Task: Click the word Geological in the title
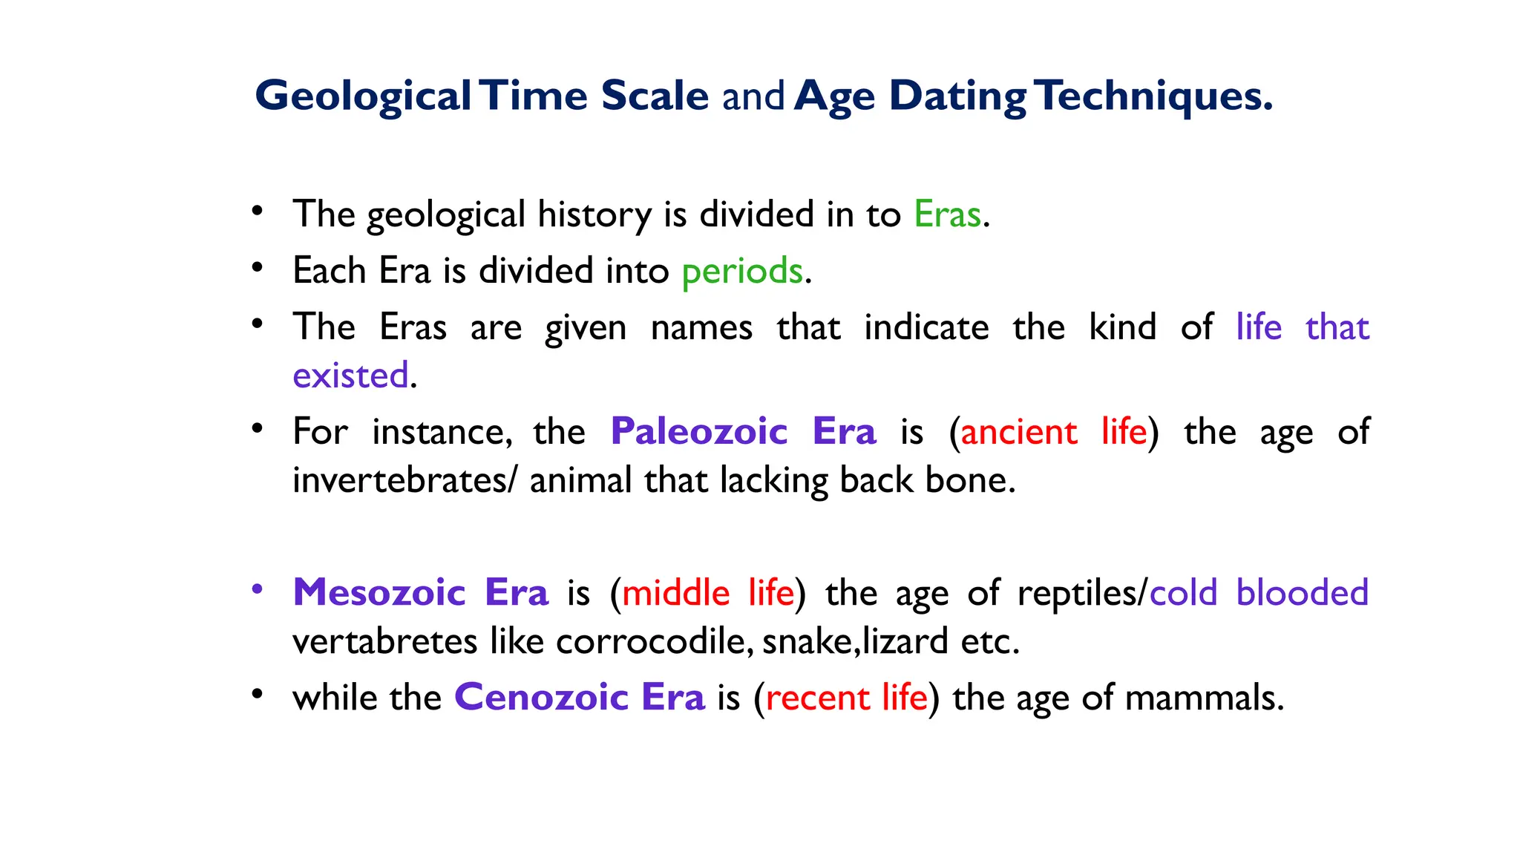click(363, 96)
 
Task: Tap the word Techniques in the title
click(1154, 96)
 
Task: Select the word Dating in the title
click(957, 96)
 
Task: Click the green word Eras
click(947, 214)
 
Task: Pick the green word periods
click(742, 271)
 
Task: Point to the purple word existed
click(350, 376)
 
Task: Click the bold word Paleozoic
click(698, 431)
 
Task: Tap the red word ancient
click(1018, 432)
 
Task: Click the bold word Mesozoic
click(379, 593)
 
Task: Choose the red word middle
click(675, 594)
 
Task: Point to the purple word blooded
click(1302, 593)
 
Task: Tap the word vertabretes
click(384, 641)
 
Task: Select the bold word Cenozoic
click(542, 698)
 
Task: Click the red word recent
click(817, 698)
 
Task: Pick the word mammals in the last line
click(1203, 698)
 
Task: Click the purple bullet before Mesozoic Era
click(257, 589)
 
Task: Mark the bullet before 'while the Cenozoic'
click(257, 695)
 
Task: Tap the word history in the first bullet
click(594, 214)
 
